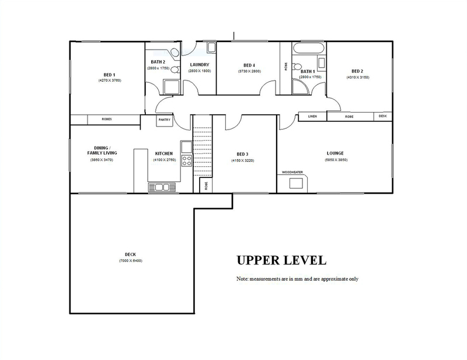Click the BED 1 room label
pos(109,75)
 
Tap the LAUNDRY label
pos(199,65)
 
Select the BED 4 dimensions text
pos(249,71)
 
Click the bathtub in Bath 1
pos(309,48)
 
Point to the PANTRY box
pos(165,120)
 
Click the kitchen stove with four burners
pos(187,161)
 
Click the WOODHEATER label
pos(292,172)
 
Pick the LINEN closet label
pos(312,117)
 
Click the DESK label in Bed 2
pos(382,116)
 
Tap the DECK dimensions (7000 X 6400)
pos(130,261)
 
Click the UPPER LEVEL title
pos(281,260)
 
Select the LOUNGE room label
pos(335,153)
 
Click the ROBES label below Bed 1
pos(107,119)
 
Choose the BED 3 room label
pos(242,154)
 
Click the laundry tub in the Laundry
pos(211,47)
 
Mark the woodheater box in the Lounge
pos(297,183)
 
